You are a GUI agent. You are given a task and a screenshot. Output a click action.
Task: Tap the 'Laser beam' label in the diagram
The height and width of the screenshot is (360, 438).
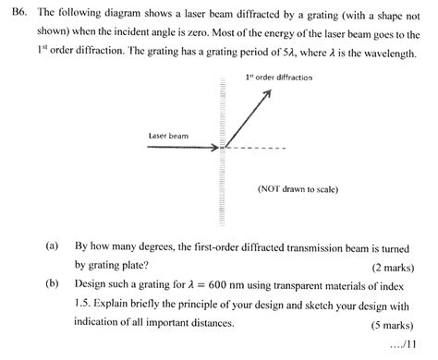coord(168,135)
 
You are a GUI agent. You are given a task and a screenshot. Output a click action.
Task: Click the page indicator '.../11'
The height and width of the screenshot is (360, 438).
coord(407,345)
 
